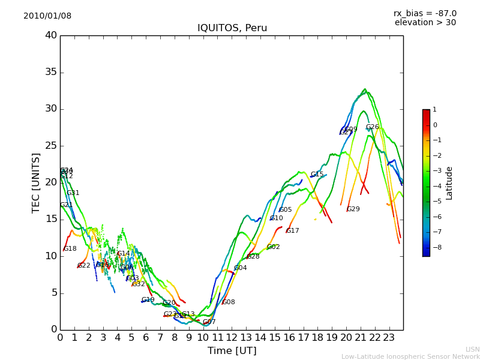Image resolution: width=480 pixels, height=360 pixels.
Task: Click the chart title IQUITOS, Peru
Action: click(232, 28)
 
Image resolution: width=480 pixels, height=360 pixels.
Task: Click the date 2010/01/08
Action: click(47, 16)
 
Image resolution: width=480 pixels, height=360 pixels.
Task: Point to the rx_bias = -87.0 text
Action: click(425, 13)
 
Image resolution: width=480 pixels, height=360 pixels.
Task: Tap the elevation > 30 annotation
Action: click(425, 23)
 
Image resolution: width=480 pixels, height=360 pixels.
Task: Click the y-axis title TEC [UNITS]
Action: click(36, 182)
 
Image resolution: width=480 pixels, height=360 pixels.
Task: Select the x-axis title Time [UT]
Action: click(232, 351)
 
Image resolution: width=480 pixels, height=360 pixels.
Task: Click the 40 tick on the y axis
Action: click(51, 35)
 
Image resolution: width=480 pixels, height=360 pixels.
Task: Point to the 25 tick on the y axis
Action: click(51, 146)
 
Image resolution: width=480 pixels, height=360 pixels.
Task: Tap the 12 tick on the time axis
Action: click(232, 337)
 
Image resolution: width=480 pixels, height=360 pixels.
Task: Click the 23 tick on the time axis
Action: click(389, 337)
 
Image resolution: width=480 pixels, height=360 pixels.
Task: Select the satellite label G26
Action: click(372, 127)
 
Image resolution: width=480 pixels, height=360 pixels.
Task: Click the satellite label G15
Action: click(317, 175)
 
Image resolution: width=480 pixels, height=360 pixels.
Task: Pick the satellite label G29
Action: click(353, 209)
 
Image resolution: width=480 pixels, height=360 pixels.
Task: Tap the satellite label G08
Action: click(229, 302)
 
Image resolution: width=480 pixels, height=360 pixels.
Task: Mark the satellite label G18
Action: click(70, 249)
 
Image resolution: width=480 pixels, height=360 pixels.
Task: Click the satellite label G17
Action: click(292, 231)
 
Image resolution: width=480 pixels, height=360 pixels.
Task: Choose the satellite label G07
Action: click(209, 322)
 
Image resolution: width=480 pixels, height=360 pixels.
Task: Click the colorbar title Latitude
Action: click(449, 183)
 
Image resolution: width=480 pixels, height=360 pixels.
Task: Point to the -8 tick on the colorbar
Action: click(435, 247)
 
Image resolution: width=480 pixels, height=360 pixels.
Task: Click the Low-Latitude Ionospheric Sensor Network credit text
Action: click(410, 357)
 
